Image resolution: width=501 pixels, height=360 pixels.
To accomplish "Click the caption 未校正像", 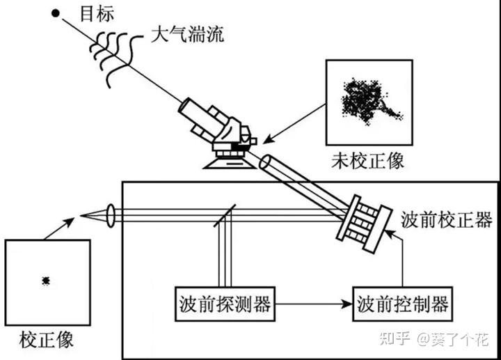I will [x=368, y=162].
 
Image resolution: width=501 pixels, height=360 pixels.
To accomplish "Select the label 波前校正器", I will [x=447, y=220].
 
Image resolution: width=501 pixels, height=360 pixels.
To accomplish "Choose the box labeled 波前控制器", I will [x=401, y=304].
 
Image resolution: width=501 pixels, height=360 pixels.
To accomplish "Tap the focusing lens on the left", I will [x=111, y=215].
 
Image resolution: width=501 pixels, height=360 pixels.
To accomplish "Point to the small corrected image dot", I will [x=46, y=280].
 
